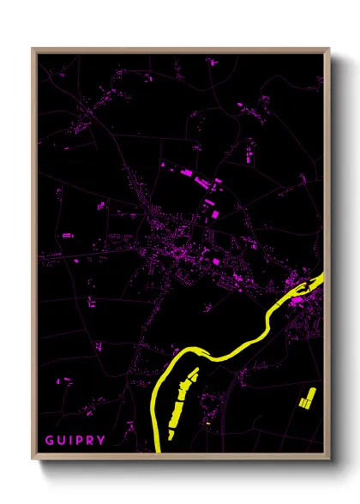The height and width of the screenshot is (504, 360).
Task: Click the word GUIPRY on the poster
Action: point(75,441)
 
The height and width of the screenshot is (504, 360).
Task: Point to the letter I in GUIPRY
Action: point(71,441)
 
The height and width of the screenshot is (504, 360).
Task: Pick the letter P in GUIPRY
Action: point(80,441)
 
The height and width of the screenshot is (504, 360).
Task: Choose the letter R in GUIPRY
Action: point(91,441)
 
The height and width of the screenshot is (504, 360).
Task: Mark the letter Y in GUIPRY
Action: point(102,441)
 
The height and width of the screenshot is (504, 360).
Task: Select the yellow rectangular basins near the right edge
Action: point(307,397)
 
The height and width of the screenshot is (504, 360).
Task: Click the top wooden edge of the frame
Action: point(180,50)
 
